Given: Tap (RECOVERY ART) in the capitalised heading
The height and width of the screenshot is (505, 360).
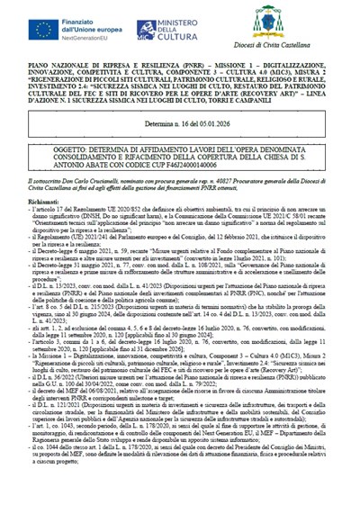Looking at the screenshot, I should pyautogui.click(x=270, y=90).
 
